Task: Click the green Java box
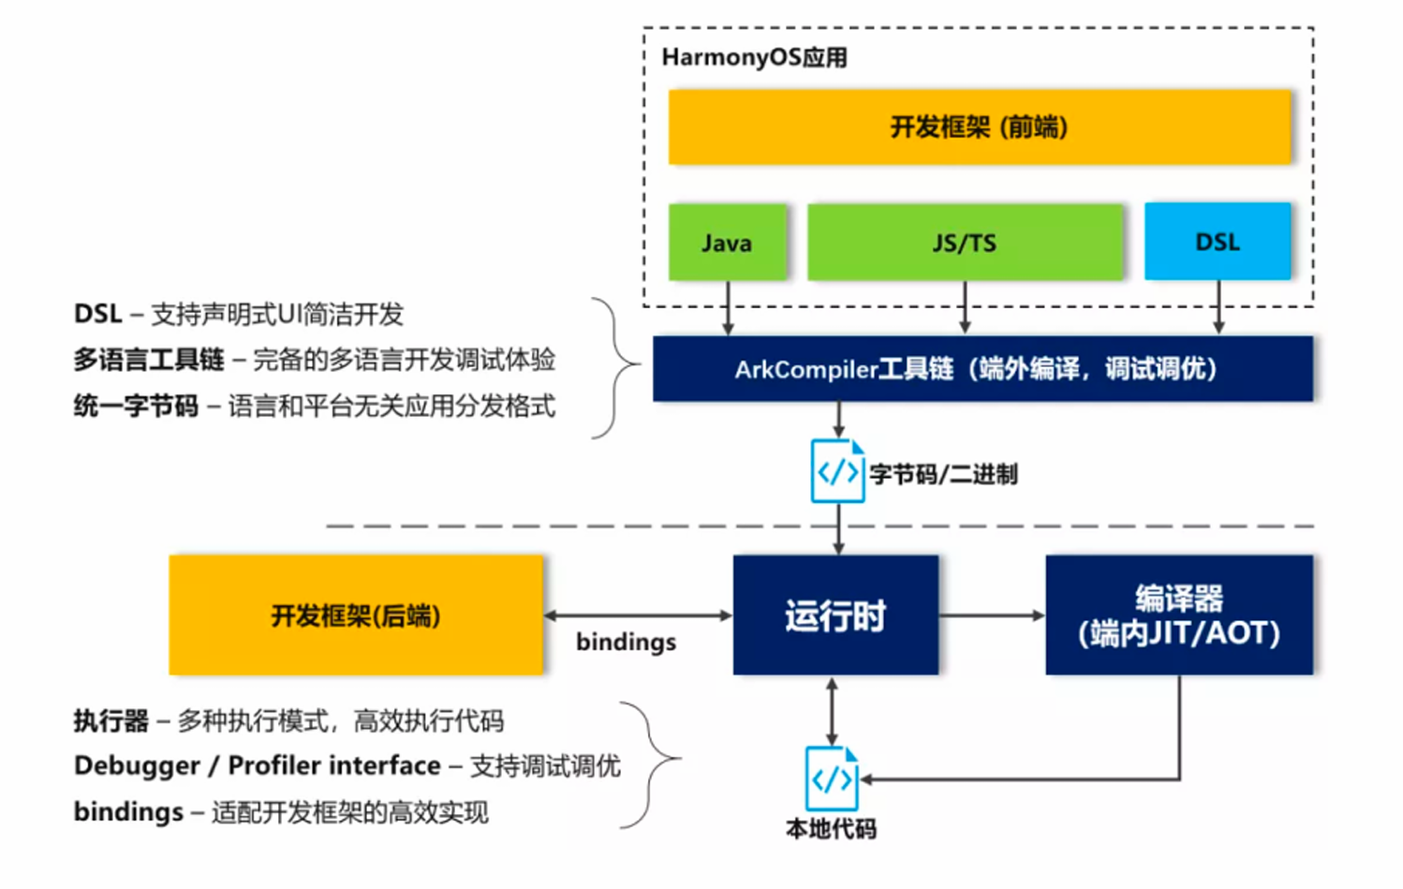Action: [x=727, y=243]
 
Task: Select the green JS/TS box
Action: [x=965, y=243]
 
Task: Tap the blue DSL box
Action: [x=1218, y=242]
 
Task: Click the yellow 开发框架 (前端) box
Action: [x=979, y=127]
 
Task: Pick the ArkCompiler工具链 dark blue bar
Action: [x=982, y=369]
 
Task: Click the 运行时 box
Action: [x=835, y=615]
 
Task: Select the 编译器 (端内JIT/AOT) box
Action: [x=1178, y=615]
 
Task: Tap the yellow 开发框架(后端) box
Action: [x=356, y=615]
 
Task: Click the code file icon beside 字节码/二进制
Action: [x=836, y=471]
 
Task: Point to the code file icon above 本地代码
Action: [x=832, y=778]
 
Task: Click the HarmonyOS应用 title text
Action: [x=754, y=58]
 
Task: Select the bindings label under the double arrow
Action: [x=626, y=643]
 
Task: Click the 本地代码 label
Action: [x=831, y=829]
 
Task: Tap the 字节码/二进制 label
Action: [x=943, y=475]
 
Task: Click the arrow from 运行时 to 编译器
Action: [x=991, y=615]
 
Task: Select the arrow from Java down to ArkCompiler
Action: [x=728, y=307]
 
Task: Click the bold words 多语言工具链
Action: [x=149, y=360]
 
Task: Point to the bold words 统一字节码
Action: [x=136, y=407]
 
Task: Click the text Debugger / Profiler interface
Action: [x=257, y=766]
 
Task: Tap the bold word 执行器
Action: [x=111, y=721]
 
